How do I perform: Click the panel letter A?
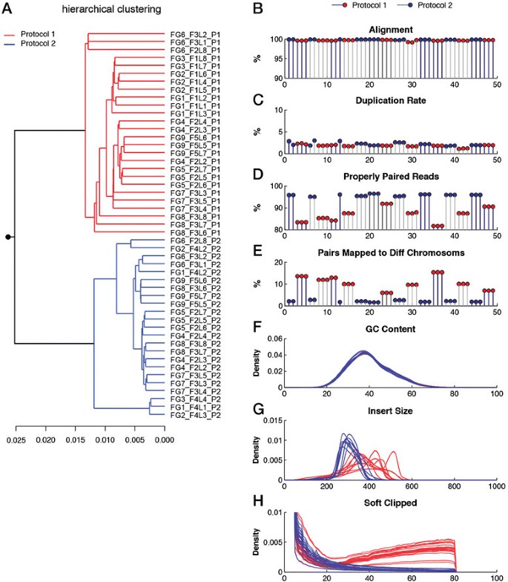[10, 9]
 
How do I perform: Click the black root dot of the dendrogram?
[8, 237]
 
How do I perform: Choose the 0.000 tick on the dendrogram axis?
[164, 439]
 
